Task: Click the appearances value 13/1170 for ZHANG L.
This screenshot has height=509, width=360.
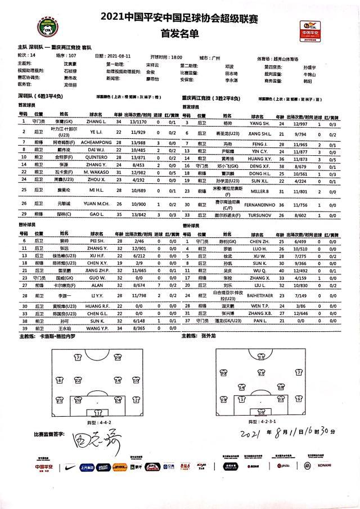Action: (x=138, y=121)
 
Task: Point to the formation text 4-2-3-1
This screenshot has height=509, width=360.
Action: (x=271, y=421)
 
